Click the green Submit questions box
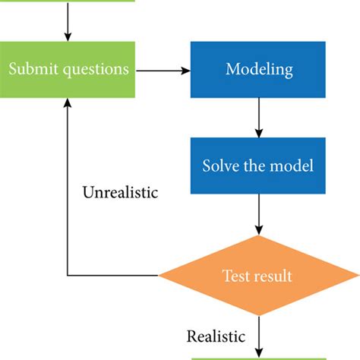(68, 70)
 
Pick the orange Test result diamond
(257, 275)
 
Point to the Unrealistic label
(119, 192)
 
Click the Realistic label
(216, 336)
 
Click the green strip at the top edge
(68, 2)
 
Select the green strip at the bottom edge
(257, 357)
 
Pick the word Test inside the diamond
(235, 275)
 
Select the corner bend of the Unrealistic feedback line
(68, 275)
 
